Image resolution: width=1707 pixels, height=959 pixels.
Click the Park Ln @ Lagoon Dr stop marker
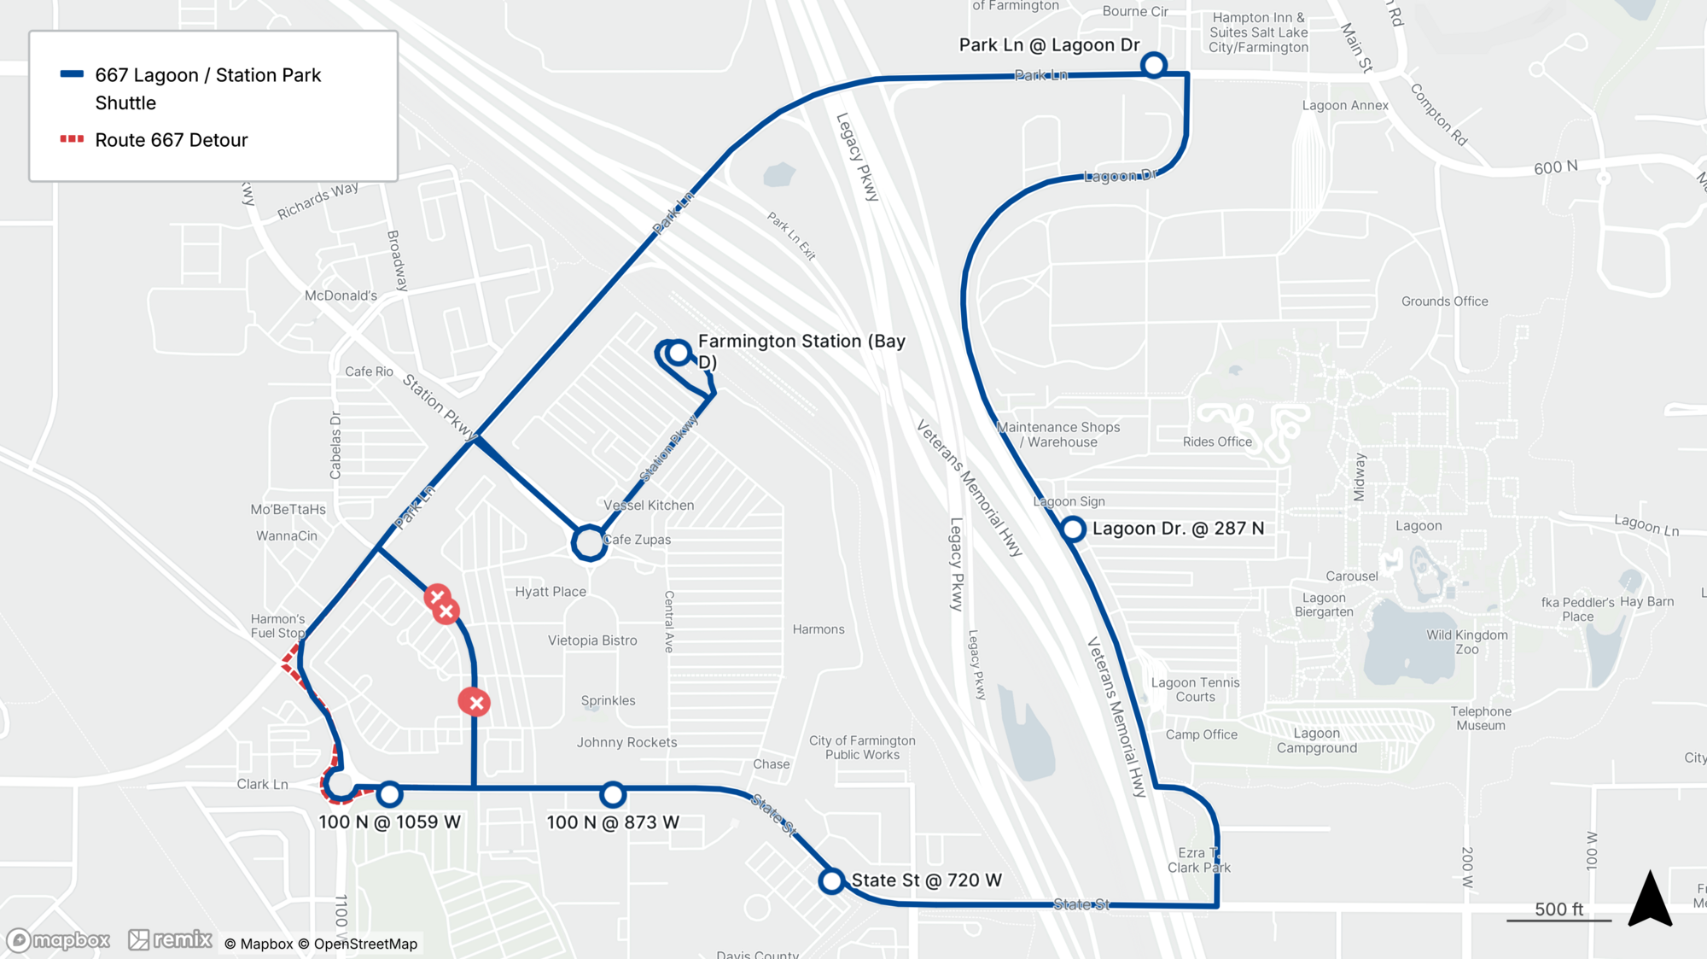[1153, 65]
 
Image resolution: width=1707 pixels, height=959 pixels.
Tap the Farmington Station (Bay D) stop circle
[679, 353]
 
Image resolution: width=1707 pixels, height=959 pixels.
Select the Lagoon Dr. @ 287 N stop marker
[1073, 529]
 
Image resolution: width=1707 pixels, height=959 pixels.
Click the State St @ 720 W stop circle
[831, 881]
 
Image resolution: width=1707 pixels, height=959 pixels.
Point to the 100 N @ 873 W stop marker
[613, 795]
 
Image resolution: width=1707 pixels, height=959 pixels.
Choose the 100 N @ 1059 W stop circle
[390, 794]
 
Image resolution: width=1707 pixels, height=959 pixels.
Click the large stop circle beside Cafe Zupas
[589, 542]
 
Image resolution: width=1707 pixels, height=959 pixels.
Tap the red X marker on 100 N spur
[475, 702]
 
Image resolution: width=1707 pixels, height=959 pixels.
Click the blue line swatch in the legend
[72, 74]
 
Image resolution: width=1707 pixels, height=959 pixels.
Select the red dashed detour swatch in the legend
[72, 139]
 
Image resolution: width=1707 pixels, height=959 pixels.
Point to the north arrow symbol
[1650, 899]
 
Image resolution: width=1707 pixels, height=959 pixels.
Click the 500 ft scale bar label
[1558, 909]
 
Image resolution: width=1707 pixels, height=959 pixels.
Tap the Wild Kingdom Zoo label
[1466, 642]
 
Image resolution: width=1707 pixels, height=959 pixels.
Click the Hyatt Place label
[551, 592]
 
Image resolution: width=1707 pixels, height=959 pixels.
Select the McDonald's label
[341, 295]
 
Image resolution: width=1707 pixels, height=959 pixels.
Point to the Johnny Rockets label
[626, 742]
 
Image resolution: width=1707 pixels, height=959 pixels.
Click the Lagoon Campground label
[1316, 740]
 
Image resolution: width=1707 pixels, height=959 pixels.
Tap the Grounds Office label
[1444, 301]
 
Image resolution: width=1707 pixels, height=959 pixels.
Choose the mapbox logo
[58, 940]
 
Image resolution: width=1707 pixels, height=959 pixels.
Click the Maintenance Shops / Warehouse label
[1058, 435]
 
